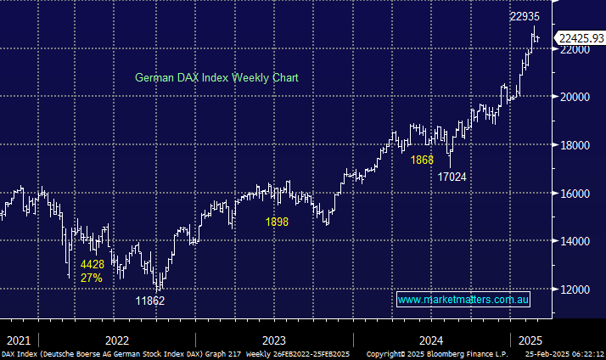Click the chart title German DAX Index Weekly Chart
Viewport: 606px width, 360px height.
click(216, 77)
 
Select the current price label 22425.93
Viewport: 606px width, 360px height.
click(581, 37)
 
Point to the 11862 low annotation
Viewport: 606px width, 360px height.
click(151, 301)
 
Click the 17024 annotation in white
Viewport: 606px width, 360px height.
click(452, 177)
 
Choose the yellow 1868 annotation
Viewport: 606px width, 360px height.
click(422, 160)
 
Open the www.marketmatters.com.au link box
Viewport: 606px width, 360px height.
click(463, 300)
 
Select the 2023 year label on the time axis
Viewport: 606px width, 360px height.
click(273, 337)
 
